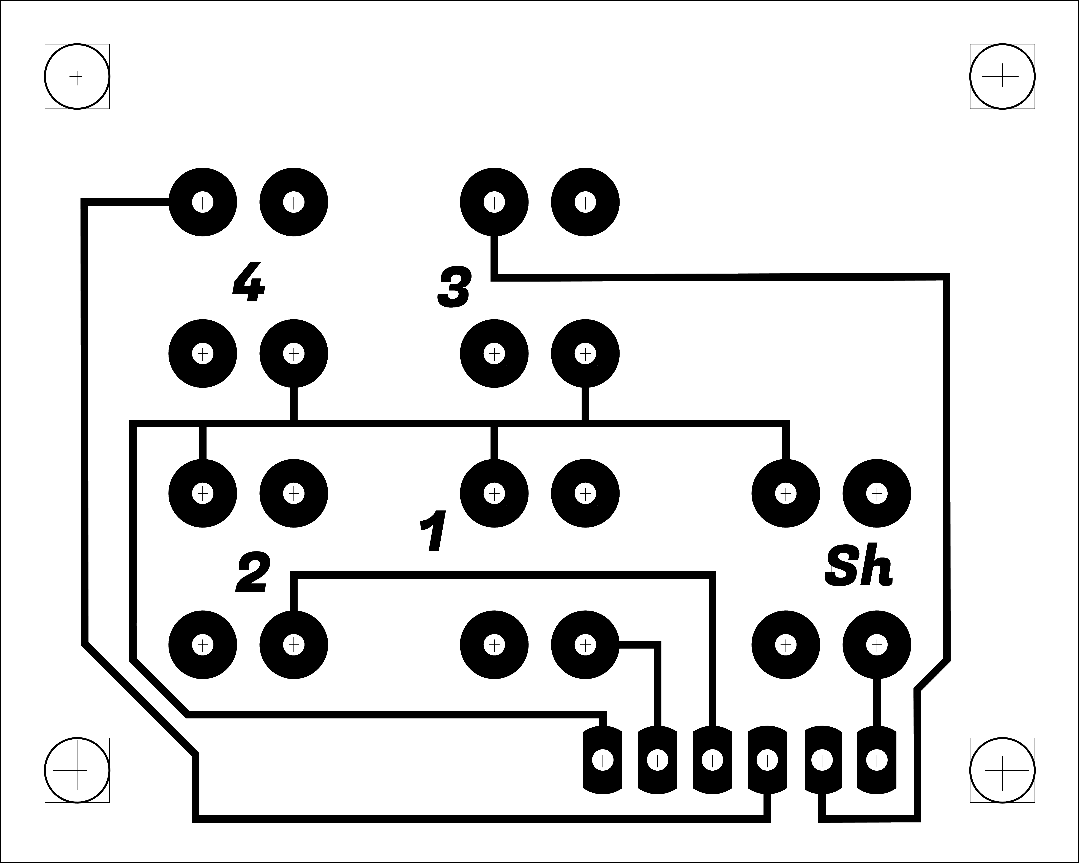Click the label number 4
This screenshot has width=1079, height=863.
(249, 283)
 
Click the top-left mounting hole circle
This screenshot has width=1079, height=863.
(77, 77)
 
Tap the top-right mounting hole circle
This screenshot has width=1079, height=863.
(1002, 77)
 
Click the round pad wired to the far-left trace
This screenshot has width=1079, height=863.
(203, 203)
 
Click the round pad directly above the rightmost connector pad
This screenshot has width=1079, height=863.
(876, 645)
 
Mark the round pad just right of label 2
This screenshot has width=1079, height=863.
(294, 645)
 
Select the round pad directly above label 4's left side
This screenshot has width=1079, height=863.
(203, 203)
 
